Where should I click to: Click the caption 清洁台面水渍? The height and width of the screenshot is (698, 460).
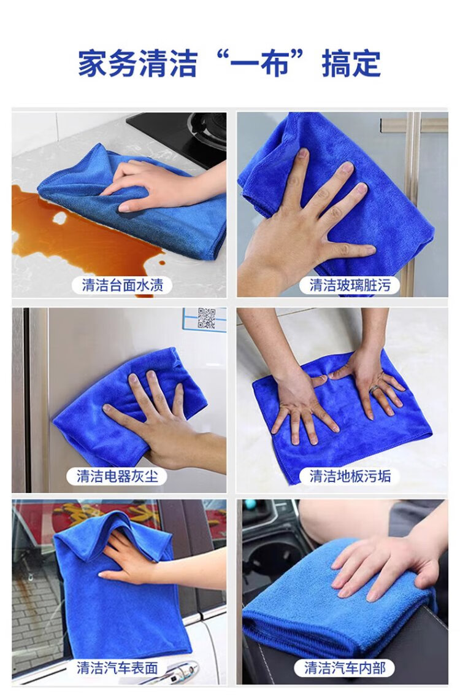[122, 285]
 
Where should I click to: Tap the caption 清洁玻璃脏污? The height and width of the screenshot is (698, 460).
[350, 285]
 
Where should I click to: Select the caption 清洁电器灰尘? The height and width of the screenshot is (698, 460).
[117, 476]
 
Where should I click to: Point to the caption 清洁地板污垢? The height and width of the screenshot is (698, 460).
[350, 476]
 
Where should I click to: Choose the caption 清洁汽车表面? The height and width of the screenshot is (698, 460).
[117, 668]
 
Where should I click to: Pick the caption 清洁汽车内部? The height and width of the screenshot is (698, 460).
[345, 668]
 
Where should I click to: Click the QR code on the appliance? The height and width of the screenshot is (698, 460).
[206, 318]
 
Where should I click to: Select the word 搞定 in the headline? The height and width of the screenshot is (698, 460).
[351, 64]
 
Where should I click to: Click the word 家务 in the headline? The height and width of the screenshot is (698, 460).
[108, 64]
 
